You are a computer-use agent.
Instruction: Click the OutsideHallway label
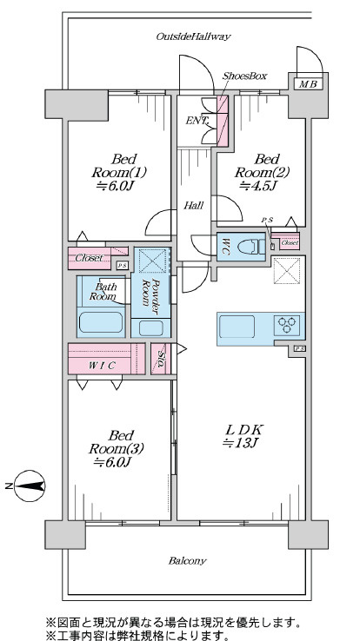193,36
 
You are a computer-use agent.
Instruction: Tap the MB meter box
308,84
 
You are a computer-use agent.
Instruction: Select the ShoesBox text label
244,76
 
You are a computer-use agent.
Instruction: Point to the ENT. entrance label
197,121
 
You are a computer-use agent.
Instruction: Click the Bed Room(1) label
118,165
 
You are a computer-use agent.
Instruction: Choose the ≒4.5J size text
258,186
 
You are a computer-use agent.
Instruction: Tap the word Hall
194,206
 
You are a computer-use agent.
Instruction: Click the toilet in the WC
251,247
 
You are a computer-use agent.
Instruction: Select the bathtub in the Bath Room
101,322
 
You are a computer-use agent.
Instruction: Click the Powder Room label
150,292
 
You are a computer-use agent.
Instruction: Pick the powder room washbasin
150,327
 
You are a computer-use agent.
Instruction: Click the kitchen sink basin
237,327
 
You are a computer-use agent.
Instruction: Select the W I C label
102,366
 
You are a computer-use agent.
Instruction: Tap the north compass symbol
30,486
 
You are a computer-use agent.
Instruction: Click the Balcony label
187,561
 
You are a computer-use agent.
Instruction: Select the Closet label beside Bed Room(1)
89,258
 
